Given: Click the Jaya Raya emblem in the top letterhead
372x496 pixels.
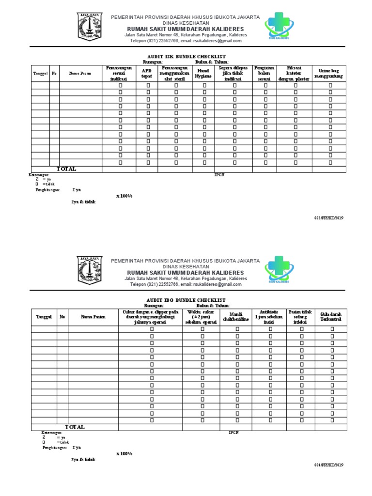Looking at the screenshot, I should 89,28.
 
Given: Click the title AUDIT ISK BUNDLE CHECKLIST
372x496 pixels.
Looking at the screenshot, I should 186,57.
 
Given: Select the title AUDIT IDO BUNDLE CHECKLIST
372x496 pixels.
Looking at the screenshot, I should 186,301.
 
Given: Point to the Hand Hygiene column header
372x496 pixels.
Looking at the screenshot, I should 204,73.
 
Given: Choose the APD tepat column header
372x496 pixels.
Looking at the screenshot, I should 147,73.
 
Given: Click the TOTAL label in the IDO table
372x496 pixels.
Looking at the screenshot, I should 75,427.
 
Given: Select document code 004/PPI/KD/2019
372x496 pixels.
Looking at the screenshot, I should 329,465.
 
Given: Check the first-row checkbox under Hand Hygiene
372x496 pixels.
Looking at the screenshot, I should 204,85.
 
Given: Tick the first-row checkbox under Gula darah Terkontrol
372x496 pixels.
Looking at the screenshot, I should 332,329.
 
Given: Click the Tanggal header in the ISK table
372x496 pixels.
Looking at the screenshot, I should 40,74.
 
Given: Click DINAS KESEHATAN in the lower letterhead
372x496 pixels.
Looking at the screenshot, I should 186,267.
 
